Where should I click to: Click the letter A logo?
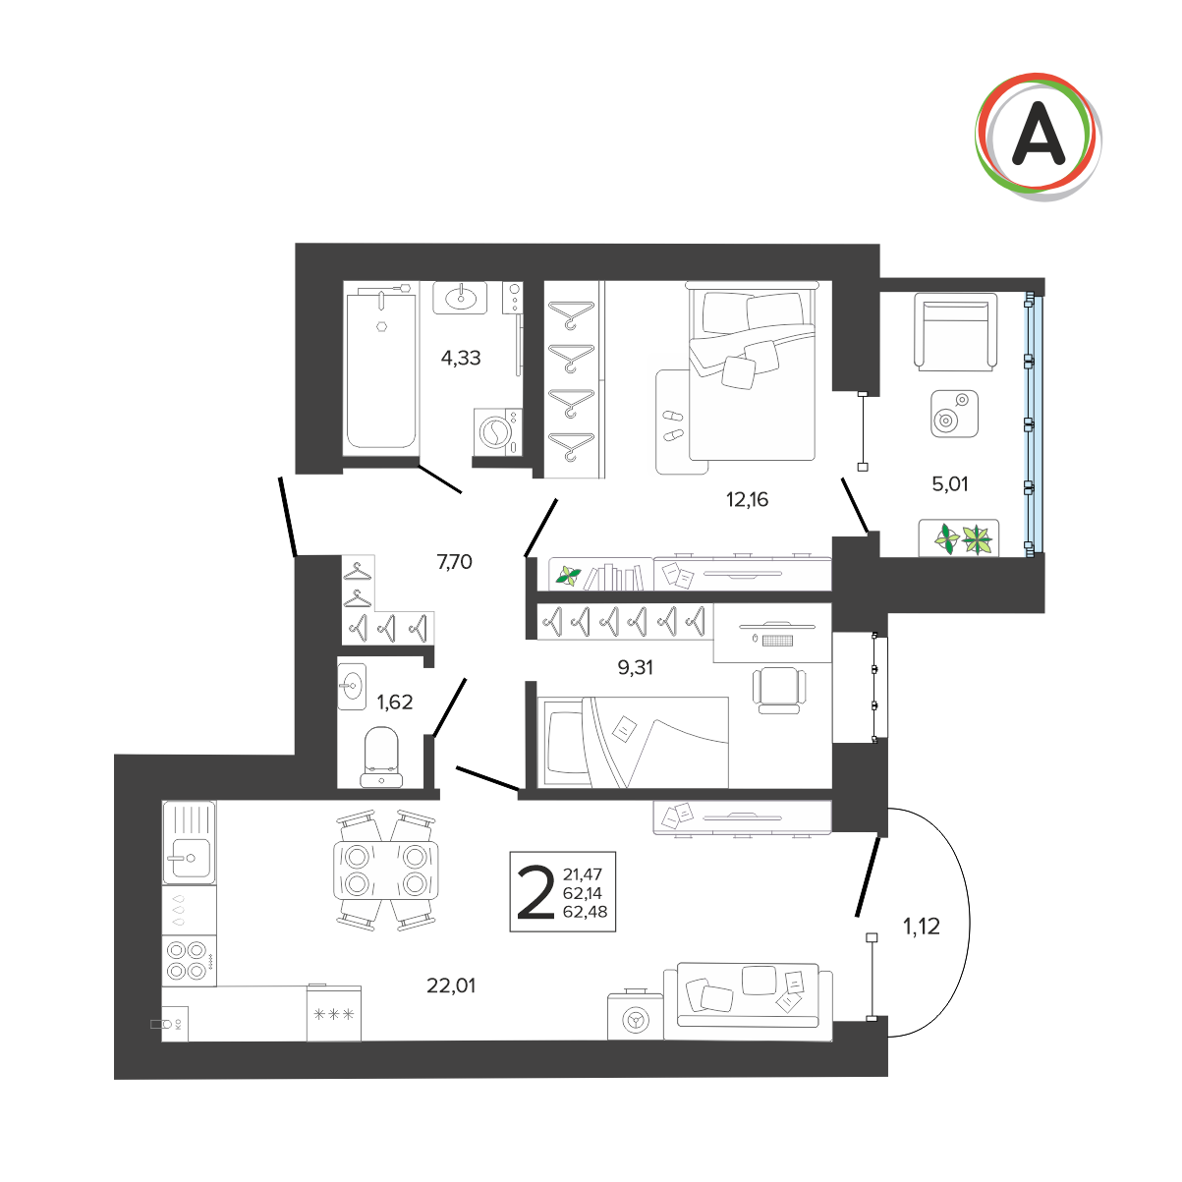click(x=1038, y=137)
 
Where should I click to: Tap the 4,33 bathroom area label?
click(x=461, y=357)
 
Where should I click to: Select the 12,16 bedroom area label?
click(x=747, y=499)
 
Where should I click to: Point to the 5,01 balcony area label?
click(x=950, y=484)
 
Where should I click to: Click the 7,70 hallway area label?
click(x=455, y=561)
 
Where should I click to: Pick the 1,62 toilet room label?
click(x=394, y=702)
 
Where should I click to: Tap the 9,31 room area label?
click(x=635, y=667)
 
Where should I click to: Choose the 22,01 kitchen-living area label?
click(x=451, y=985)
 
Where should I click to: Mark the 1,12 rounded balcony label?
click(x=922, y=927)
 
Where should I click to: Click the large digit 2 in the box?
click(x=535, y=892)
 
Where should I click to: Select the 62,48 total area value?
click(x=586, y=912)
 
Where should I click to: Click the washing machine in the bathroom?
click(x=497, y=431)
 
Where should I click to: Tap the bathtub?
click(x=381, y=369)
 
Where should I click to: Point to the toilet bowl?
click(x=381, y=757)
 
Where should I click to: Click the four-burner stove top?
click(x=189, y=961)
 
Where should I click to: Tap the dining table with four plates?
click(x=386, y=871)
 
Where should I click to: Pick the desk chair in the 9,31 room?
click(x=779, y=690)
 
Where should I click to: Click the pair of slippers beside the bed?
click(x=673, y=425)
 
